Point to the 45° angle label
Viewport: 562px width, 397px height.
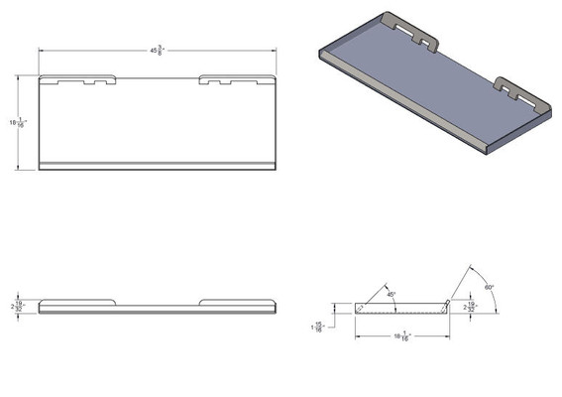392,294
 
